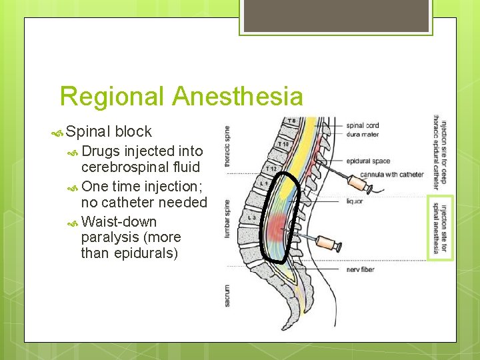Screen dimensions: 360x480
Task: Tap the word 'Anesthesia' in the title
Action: pyautogui.click(x=237, y=97)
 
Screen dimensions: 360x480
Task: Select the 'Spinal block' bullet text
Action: pyautogui.click(x=109, y=132)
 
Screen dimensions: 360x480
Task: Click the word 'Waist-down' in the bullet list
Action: pyautogui.click(x=119, y=221)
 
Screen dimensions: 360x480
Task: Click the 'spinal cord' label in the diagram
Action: pyautogui.click(x=363, y=125)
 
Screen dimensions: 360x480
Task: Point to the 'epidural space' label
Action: pyautogui.click(x=368, y=161)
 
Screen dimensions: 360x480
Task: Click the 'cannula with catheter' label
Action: pyautogui.click(x=391, y=175)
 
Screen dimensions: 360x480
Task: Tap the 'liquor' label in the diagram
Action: pyautogui.click(x=355, y=201)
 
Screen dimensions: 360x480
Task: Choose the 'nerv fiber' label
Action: pyautogui.click(x=361, y=270)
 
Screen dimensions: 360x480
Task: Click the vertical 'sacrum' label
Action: pyautogui.click(x=227, y=293)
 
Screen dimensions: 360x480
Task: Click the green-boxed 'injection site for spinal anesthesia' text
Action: pyautogui.click(x=441, y=228)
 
